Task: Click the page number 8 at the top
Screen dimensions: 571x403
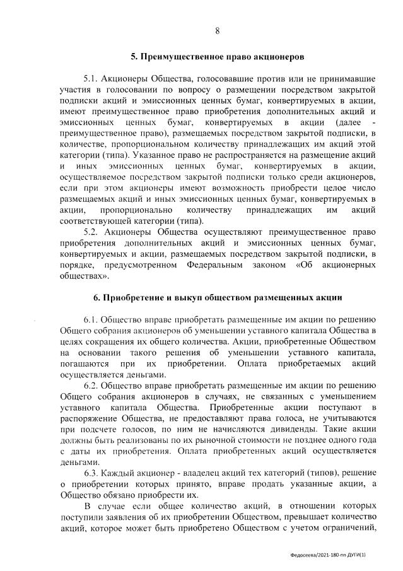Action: (x=218, y=31)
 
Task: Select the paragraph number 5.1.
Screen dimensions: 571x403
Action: (x=92, y=79)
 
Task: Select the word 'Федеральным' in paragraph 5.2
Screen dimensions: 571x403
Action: (x=215, y=265)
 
